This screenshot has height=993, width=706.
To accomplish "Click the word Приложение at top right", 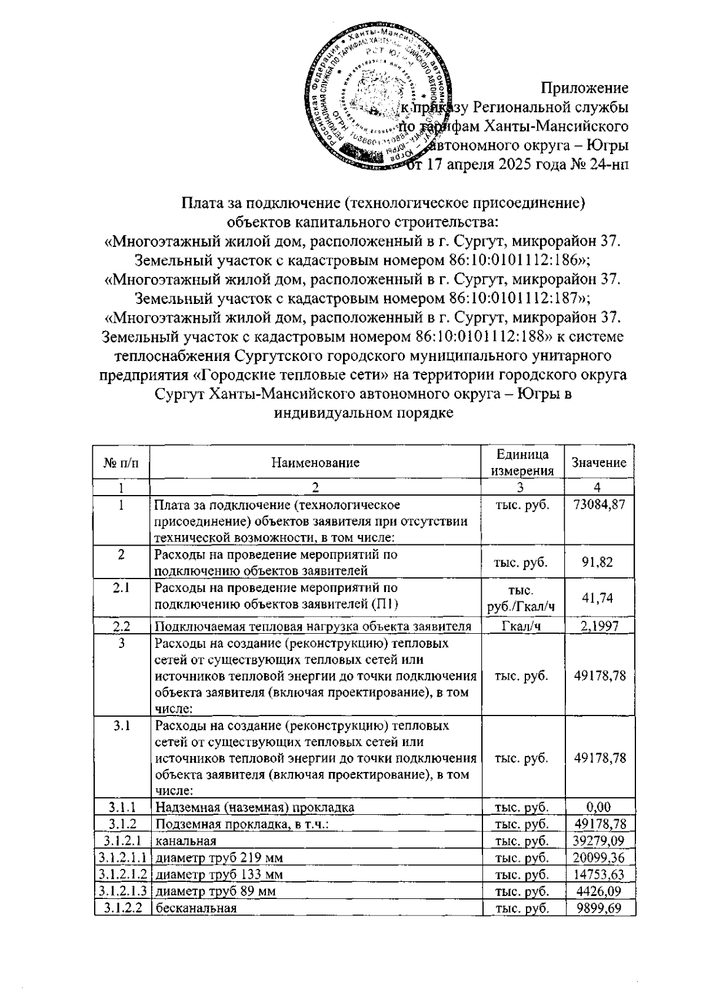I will [584, 88].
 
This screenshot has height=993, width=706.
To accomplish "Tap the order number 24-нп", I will [608, 164].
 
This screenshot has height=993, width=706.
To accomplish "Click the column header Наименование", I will [315, 463].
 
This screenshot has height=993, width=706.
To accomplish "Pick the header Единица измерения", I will [522, 463].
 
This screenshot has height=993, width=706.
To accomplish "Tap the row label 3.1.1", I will [122, 807].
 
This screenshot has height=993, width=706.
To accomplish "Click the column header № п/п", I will [122, 463].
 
